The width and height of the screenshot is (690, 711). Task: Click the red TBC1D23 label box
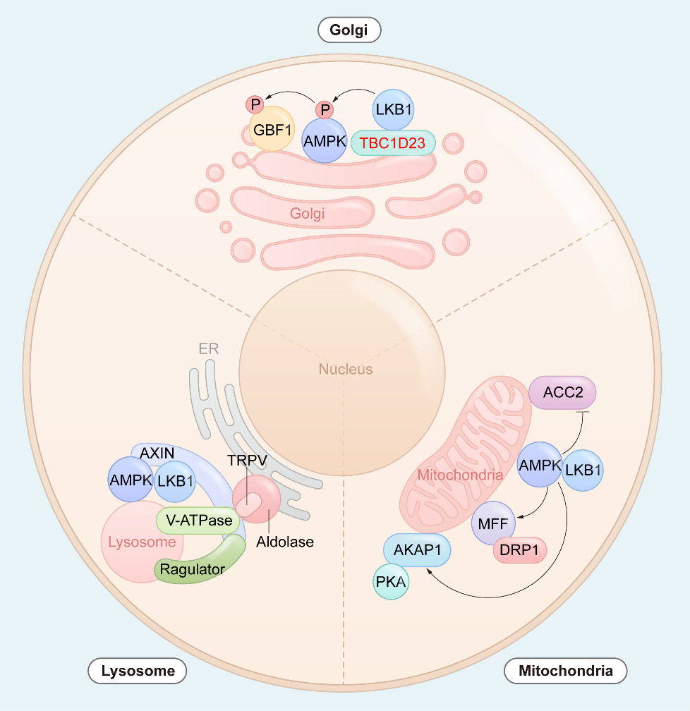click(x=393, y=142)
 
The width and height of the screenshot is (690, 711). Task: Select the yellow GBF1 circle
click(x=272, y=129)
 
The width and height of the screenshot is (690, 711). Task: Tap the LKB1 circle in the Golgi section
click(x=393, y=110)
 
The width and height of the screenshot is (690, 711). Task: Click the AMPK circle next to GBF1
click(x=325, y=140)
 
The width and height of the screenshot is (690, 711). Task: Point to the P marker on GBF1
click(x=255, y=104)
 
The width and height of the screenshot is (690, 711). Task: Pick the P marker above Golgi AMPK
click(x=325, y=110)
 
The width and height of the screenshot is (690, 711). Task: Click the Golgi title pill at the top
click(x=349, y=30)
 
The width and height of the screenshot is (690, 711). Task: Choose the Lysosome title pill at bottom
click(x=138, y=671)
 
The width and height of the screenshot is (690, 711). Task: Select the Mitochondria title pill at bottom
click(x=565, y=671)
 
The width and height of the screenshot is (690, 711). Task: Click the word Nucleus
click(x=345, y=369)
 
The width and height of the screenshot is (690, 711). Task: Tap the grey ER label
click(x=209, y=348)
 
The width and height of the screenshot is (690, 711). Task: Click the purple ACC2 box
click(x=562, y=392)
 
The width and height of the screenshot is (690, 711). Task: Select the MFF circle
click(x=493, y=523)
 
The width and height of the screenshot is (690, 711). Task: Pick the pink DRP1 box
click(x=519, y=550)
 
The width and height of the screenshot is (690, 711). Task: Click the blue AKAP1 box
click(x=417, y=550)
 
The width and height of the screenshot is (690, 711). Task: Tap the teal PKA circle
click(x=391, y=581)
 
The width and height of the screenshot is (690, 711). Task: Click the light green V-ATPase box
click(x=198, y=520)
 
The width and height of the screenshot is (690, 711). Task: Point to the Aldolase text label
click(x=285, y=542)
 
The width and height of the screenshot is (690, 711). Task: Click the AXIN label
click(x=157, y=453)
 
